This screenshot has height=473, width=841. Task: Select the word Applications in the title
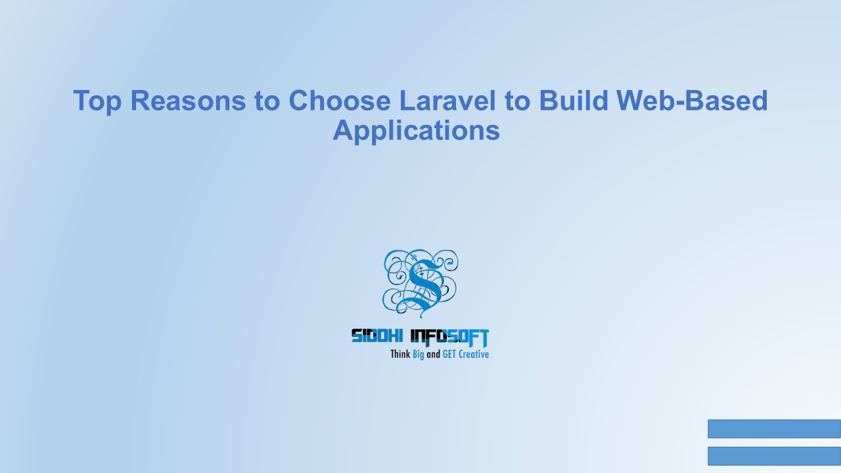click(x=417, y=130)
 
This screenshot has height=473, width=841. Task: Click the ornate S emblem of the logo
click(x=420, y=281)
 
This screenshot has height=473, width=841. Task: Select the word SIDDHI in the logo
click(x=378, y=337)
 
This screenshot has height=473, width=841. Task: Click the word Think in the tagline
click(x=400, y=354)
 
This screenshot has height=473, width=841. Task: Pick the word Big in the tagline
click(x=418, y=355)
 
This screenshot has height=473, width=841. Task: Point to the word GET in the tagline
click(x=450, y=354)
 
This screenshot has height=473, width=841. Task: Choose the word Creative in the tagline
click(x=474, y=354)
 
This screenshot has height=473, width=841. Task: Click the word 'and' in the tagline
click(x=433, y=354)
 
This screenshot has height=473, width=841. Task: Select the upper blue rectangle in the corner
click(x=774, y=428)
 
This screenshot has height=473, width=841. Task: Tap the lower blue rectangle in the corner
click(x=774, y=456)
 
